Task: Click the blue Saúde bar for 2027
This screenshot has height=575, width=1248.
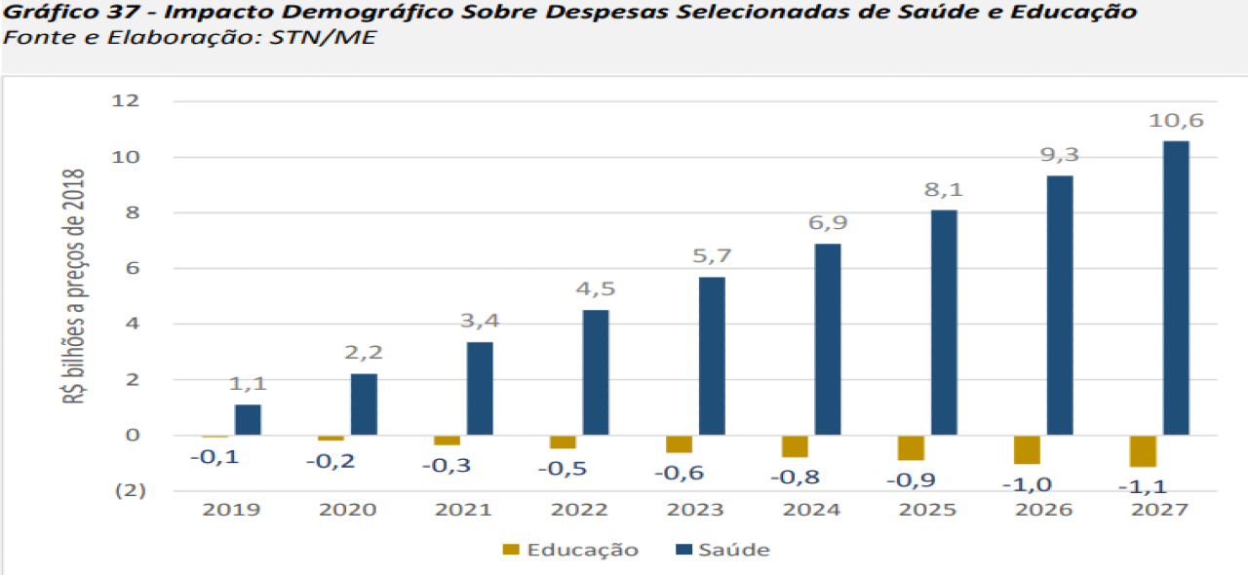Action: pyautogui.click(x=1175, y=287)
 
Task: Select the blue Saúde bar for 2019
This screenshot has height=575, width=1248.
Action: pyautogui.click(x=248, y=419)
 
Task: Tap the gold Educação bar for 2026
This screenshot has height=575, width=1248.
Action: pyautogui.click(x=1027, y=449)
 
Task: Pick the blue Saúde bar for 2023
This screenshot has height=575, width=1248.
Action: pyautogui.click(x=711, y=356)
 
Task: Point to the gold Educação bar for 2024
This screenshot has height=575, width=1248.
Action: pyautogui.click(x=795, y=446)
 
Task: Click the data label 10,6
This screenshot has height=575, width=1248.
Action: pyautogui.click(x=1176, y=121)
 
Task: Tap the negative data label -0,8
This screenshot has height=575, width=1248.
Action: pyautogui.click(x=794, y=478)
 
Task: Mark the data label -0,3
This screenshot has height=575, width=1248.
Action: pyautogui.click(x=446, y=466)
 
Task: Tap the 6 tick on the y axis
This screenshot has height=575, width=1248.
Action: pyautogui.click(x=134, y=268)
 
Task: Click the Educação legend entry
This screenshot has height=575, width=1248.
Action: pyautogui.click(x=570, y=550)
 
